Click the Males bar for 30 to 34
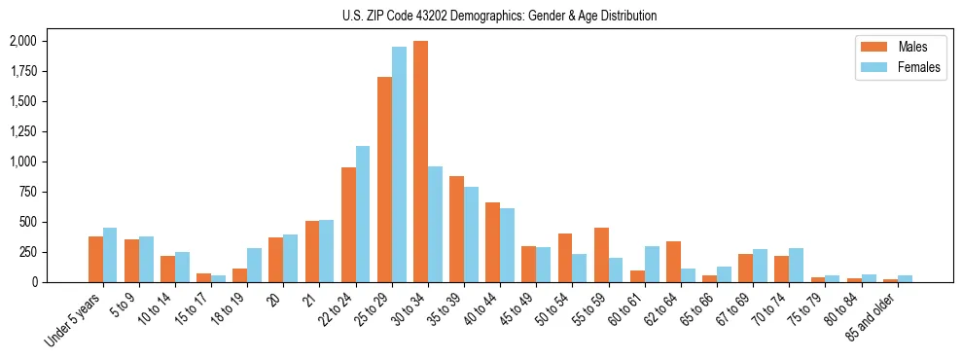tap(420, 162)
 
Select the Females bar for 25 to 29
tap(399, 164)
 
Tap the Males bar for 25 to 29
tap(384, 179)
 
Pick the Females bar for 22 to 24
tap(363, 214)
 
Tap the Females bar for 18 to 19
tap(254, 265)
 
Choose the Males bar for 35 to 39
tap(456, 229)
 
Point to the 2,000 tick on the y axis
tap(22, 41)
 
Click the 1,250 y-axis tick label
tap(22, 131)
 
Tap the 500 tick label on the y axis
tap(26, 222)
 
